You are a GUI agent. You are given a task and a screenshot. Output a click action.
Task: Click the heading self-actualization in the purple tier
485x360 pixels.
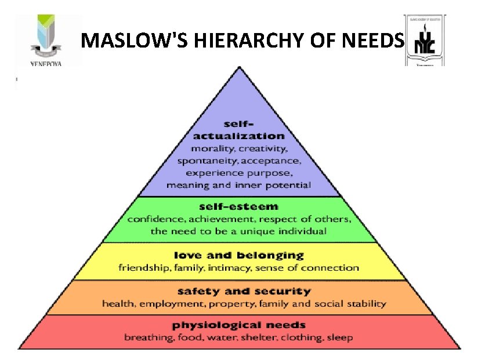coord(238,130)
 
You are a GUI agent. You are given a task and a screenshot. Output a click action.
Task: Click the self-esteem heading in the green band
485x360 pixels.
coord(238,206)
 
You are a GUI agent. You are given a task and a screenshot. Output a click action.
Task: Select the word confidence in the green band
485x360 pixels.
coord(153,219)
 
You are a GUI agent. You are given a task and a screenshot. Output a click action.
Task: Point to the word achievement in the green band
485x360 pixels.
coord(212,219)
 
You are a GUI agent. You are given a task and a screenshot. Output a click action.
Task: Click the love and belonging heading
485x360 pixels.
coord(238,255)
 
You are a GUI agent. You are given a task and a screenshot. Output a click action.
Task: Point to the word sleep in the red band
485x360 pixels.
coord(341,337)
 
